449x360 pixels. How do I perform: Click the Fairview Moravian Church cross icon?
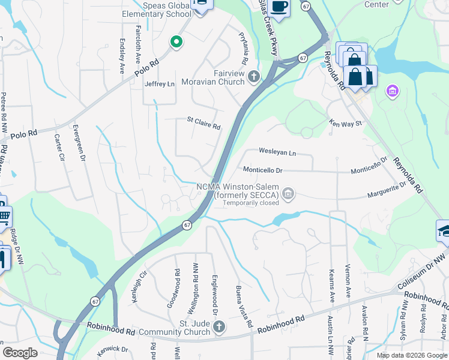click(x=254, y=76)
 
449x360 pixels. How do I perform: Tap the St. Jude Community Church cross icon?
click(x=219, y=327)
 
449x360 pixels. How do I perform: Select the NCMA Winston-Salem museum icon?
click(x=289, y=194)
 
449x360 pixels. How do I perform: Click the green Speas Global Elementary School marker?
click(x=176, y=41)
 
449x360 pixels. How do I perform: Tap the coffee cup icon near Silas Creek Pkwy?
click(x=279, y=6)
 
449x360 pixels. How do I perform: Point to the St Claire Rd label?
click(x=203, y=127)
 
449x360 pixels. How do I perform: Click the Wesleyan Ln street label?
click(x=277, y=152)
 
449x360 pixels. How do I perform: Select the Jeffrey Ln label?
click(x=159, y=84)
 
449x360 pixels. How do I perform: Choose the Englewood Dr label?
click(x=214, y=295)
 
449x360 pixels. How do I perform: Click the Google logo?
click(x=20, y=353)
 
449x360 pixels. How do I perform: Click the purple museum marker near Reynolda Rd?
click(x=393, y=91)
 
